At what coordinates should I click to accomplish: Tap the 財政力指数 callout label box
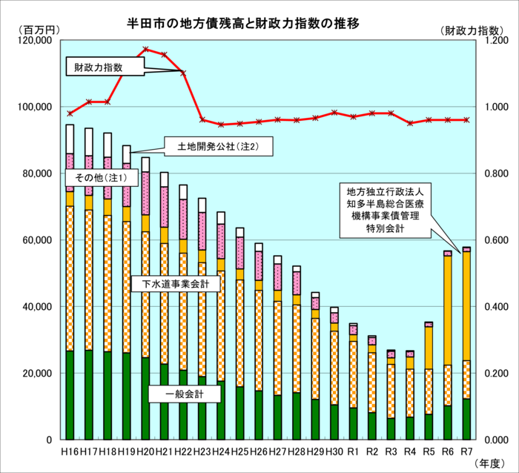103,67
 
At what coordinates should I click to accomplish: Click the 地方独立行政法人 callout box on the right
379,210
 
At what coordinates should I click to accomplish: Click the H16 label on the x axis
70,451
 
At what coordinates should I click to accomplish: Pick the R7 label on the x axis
466,451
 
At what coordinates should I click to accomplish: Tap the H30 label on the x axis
334,451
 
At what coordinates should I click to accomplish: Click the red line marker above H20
145,50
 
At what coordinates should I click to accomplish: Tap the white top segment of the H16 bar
70,139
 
